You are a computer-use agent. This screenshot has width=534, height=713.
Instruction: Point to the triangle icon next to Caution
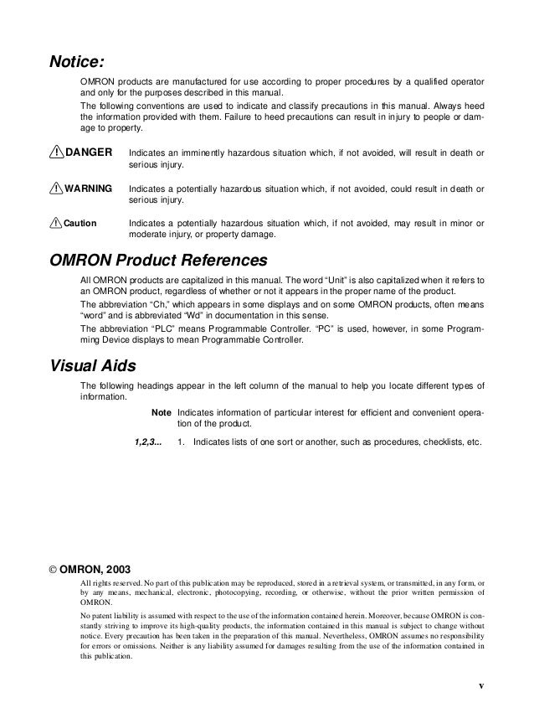[x=57, y=224]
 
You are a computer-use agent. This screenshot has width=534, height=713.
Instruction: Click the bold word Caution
[x=80, y=224]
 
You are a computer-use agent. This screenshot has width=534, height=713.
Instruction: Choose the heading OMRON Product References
[x=159, y=258]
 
